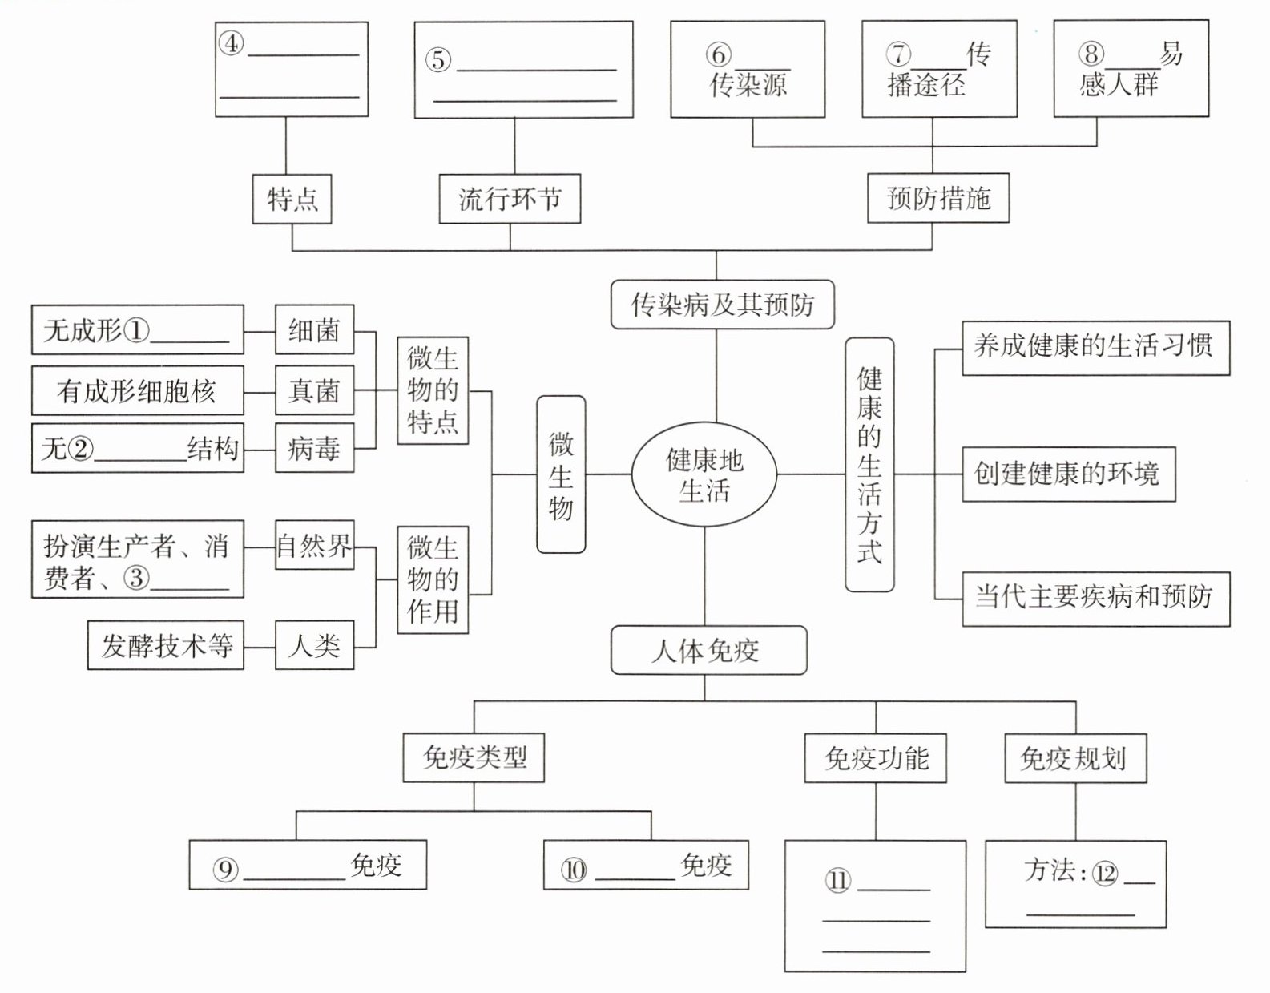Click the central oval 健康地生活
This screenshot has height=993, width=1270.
[704, 474]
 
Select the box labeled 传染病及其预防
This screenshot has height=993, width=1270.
[722, 305]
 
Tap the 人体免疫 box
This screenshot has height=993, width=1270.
[708, 650]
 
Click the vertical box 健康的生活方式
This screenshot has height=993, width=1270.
[869, 465]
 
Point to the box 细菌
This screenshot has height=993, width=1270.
[314, 329]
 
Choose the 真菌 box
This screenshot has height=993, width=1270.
[314, 391]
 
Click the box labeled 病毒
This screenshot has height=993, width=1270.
[314, 449]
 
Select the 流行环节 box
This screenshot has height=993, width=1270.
[510, 199]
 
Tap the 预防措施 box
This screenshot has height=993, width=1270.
[938, 198]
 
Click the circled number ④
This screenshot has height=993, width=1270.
[232, 43]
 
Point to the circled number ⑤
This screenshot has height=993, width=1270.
[437, 60]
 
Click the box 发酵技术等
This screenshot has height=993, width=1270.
[166, 645]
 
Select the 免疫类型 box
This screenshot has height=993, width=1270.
[474, 757]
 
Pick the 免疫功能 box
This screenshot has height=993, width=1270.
[875, 758]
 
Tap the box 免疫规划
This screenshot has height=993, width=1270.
[1075, 758]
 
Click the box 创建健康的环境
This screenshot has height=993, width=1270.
[1068, 474]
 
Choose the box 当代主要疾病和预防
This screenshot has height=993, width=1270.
[1095, 598]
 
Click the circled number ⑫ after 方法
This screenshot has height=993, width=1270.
[1104, 874]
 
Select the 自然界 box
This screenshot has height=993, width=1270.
[314, 546]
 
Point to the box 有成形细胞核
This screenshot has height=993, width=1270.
[137, 391]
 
